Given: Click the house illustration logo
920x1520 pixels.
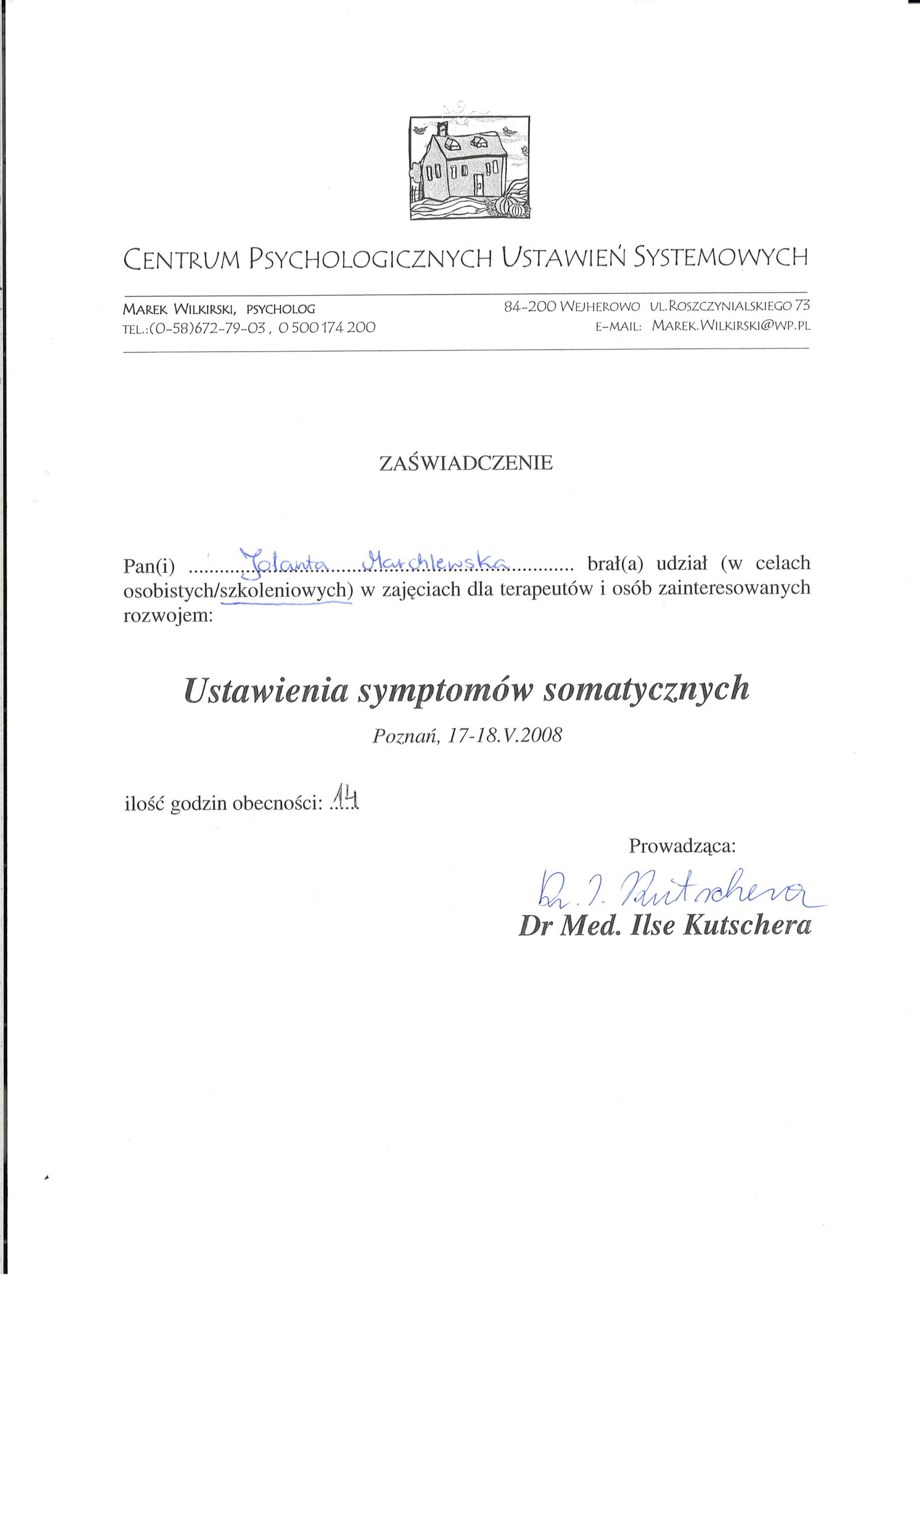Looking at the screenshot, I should pyautogui.click(x=469, y=167).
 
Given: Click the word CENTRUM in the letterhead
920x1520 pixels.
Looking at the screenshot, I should pyautogui.click(x=180, y=258).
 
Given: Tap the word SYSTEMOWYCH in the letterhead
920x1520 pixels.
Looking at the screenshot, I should pyautogui.click(x=721, y=256).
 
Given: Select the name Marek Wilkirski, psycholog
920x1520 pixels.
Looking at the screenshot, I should pyautogui.click(x=219, y=308).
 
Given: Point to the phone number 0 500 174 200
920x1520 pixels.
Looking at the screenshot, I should pyautogui.click(x=327, y=328).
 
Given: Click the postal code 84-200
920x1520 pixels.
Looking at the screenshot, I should pyautogui.click(x=529, y=305).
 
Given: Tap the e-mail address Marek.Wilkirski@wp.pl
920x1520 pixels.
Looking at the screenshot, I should pyautogui.click(x=731, y=325).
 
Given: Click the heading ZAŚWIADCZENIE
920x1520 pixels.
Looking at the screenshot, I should pyautogui.click(x=465, y=463).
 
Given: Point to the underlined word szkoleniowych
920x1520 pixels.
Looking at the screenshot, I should pyautogui.click(x=287, y=590).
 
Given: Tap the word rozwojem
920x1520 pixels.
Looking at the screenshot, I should pyautogui.click(x=168, y=616).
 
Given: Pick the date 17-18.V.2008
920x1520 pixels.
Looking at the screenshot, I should pyautogui.click(x=505, y=736).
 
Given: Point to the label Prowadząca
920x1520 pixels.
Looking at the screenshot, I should pyautogui.click(x=682, y=845).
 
